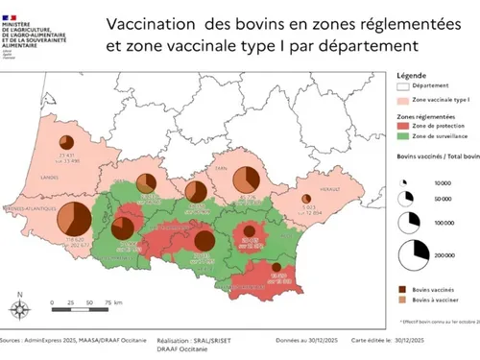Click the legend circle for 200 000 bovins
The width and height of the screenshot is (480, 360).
[x=416, y=252]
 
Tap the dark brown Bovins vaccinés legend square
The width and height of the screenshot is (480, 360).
[x=403, y=287]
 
